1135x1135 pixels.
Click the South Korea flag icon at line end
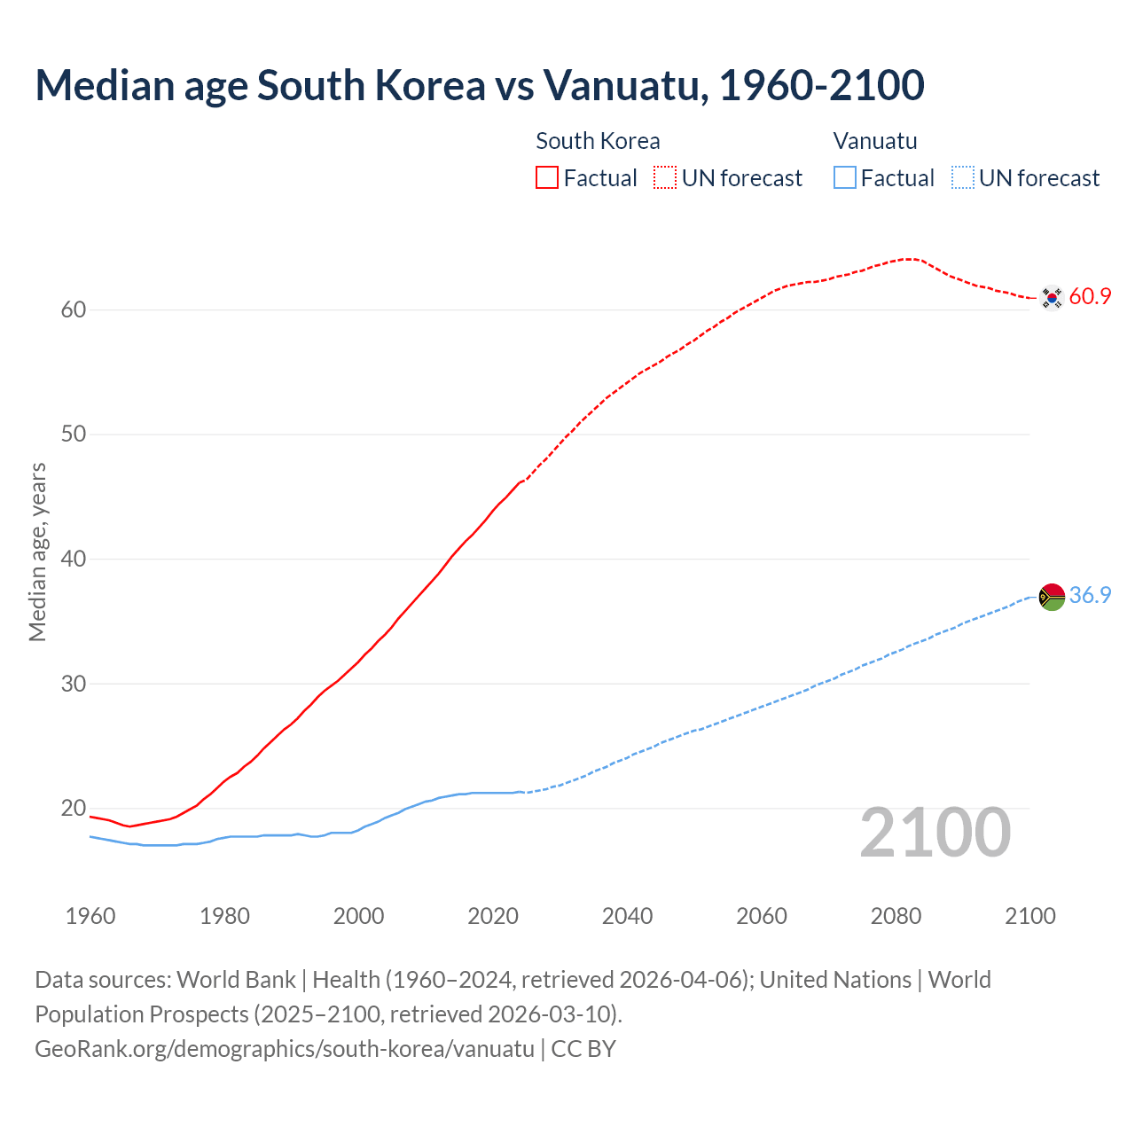pos(1052,298)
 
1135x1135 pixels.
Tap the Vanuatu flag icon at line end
pos(1052,597)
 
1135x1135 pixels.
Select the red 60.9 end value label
pos(1090,297)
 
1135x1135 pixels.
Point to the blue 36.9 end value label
pos(1090,596)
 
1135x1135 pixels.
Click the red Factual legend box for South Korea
pos(547,178)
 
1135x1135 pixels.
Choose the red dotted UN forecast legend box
pos(665,178)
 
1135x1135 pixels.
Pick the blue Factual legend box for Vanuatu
pos(845,178)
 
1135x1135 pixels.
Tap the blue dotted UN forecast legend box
pos(963,178)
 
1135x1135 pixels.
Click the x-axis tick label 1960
pos(90,916)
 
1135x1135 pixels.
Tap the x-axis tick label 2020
pos(493,916)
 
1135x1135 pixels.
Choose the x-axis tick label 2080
pos(896,916)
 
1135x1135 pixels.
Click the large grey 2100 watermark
pos(935,833)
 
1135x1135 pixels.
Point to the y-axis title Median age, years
pos(37,552)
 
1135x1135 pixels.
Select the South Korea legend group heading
pos(598,141)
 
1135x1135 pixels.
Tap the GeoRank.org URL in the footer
pos(285,1049)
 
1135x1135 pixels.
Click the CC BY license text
pos(583,1049)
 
